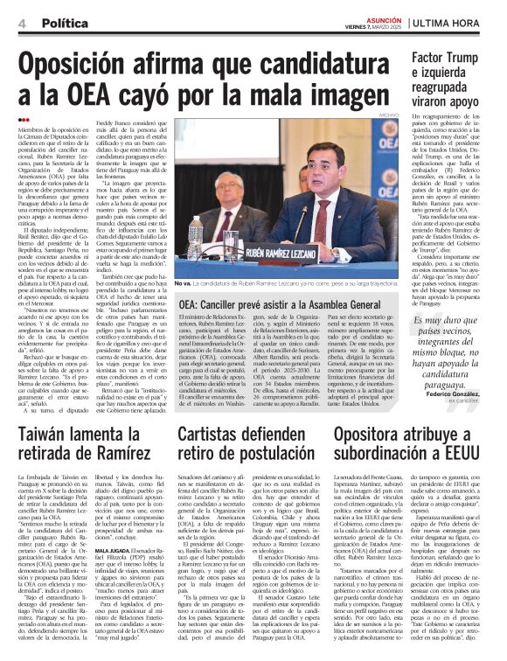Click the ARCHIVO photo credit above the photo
(389, 114)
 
